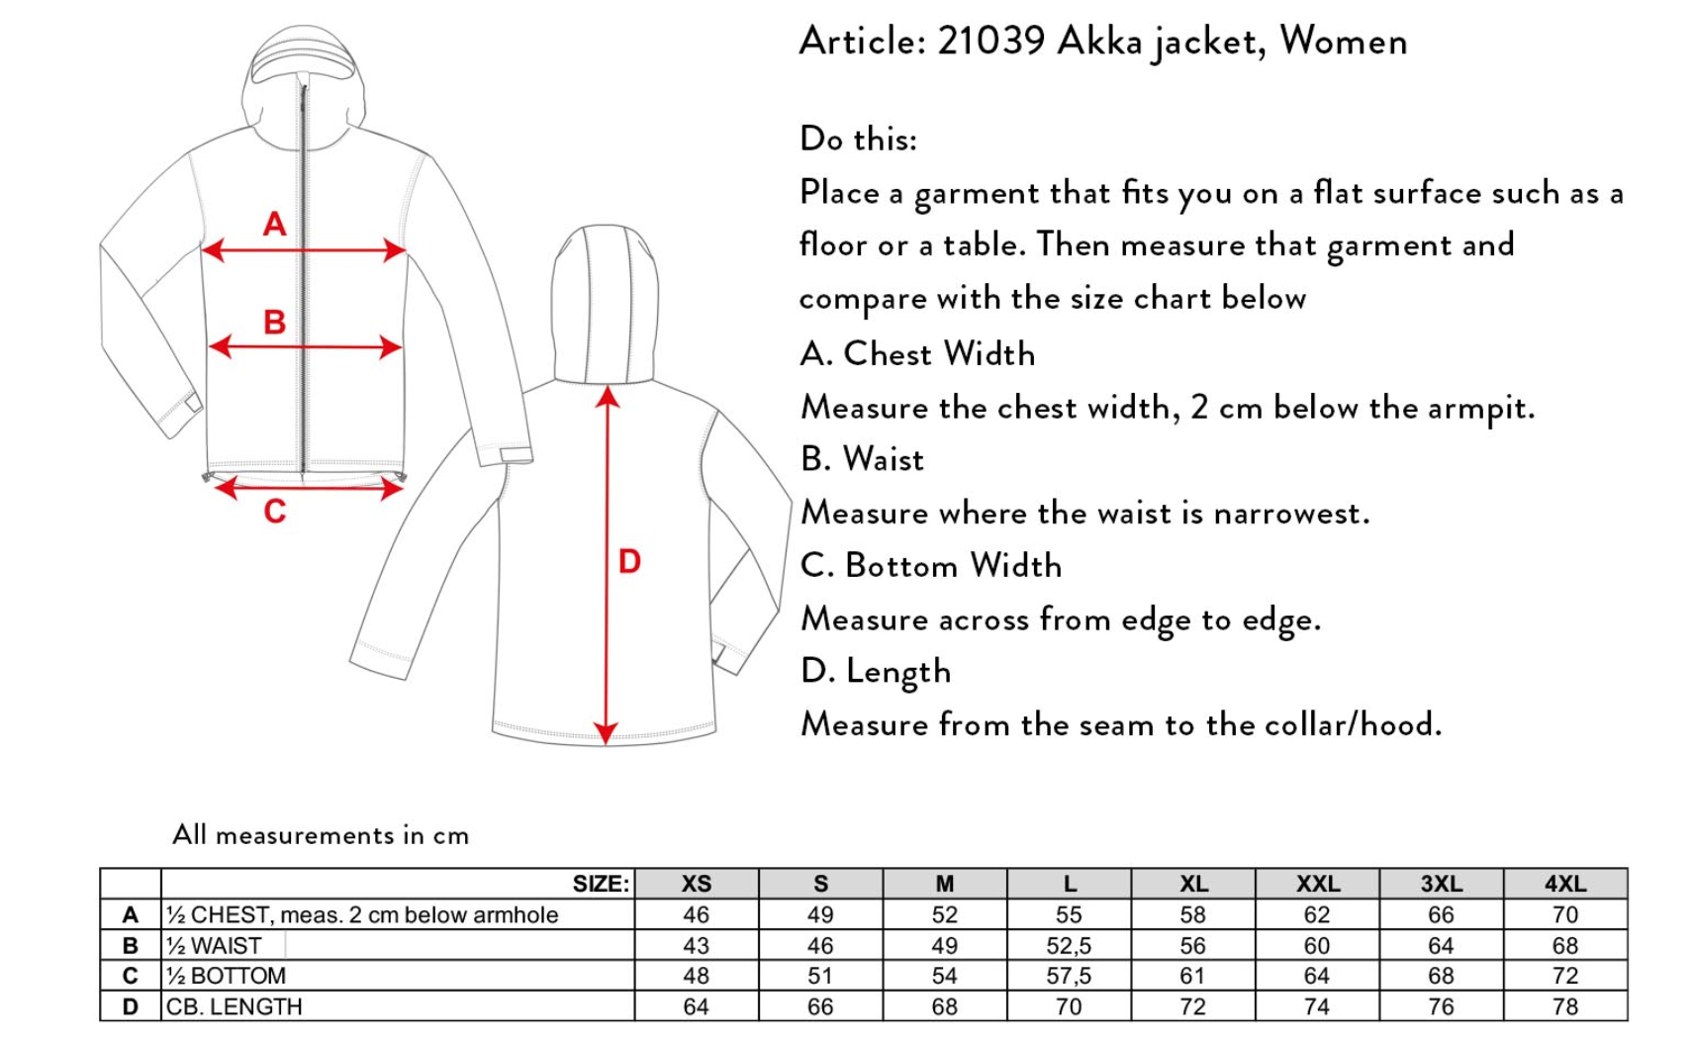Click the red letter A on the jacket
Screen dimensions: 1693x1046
[274, 225]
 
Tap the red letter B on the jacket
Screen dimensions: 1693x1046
[274, 322]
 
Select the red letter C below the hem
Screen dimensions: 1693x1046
[274, 511]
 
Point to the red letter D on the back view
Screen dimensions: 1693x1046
[629, 561]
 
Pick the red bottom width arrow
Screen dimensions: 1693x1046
[308, 487]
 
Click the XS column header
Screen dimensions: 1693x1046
[696, 884]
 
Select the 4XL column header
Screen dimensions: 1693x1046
[1564, 884]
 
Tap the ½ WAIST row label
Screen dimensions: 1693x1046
[215, 945]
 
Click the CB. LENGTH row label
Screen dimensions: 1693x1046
[235, 1006]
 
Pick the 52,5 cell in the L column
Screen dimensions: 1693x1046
[1069, 945]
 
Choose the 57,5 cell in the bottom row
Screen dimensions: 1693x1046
[1069, 976]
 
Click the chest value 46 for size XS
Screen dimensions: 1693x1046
[696, 914]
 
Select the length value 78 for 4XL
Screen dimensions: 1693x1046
[1564, 1006]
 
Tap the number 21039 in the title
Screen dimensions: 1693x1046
[990, 41]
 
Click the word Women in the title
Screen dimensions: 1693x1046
[1343, 41]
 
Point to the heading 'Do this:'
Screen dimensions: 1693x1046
[858, 139]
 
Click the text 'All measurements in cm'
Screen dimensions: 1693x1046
[321, 835]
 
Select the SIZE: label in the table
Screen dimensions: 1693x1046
[601, 884]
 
